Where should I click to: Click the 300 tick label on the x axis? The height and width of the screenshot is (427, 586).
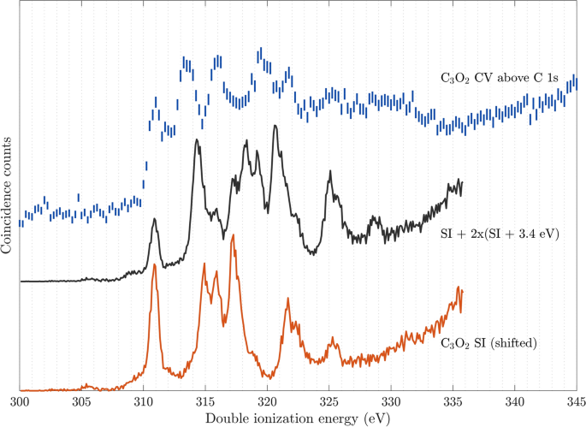point(20,400)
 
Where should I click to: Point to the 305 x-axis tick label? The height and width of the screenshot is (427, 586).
point(81,400)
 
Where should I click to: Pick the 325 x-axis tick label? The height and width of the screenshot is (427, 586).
point(329,400)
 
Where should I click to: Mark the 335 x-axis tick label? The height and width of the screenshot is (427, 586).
point(453,400)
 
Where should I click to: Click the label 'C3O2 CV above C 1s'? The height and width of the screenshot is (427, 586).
point(494,78)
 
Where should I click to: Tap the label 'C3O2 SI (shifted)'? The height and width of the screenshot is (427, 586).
point(488,344)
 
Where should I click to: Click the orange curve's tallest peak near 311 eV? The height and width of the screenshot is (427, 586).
point(155,266)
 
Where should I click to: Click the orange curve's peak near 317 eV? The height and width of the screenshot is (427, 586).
point(233,247)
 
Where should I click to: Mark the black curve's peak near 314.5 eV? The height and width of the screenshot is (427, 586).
point(198,140)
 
